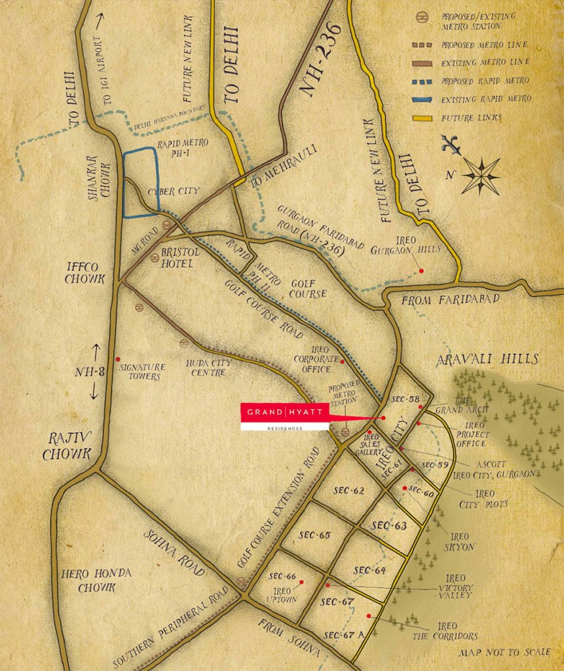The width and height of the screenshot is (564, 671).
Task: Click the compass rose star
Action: (481, 176)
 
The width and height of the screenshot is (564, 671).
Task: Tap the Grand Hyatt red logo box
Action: (284, 412)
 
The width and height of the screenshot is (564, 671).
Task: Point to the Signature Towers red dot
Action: (117, 359)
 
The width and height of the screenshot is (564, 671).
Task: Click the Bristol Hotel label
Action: (176, 258)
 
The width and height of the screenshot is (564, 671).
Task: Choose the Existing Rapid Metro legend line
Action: (425, 99)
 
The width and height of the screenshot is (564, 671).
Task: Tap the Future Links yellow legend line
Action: (425, 118)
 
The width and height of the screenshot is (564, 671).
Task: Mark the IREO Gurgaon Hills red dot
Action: (421, 270)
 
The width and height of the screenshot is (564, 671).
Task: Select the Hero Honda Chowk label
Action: (96, 580)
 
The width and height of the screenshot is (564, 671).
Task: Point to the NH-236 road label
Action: (323, 59)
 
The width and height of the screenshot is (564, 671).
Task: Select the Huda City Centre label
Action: (206, 368)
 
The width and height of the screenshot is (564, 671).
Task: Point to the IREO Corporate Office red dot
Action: (342, 360)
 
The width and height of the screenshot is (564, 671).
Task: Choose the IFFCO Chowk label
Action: (85, 273)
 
